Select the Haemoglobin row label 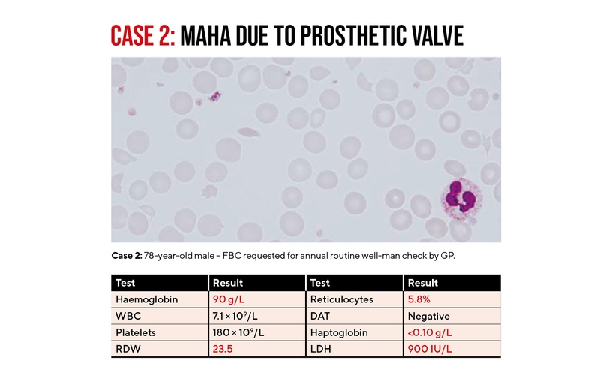click(146, 299)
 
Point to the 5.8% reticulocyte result click(422, 299)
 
